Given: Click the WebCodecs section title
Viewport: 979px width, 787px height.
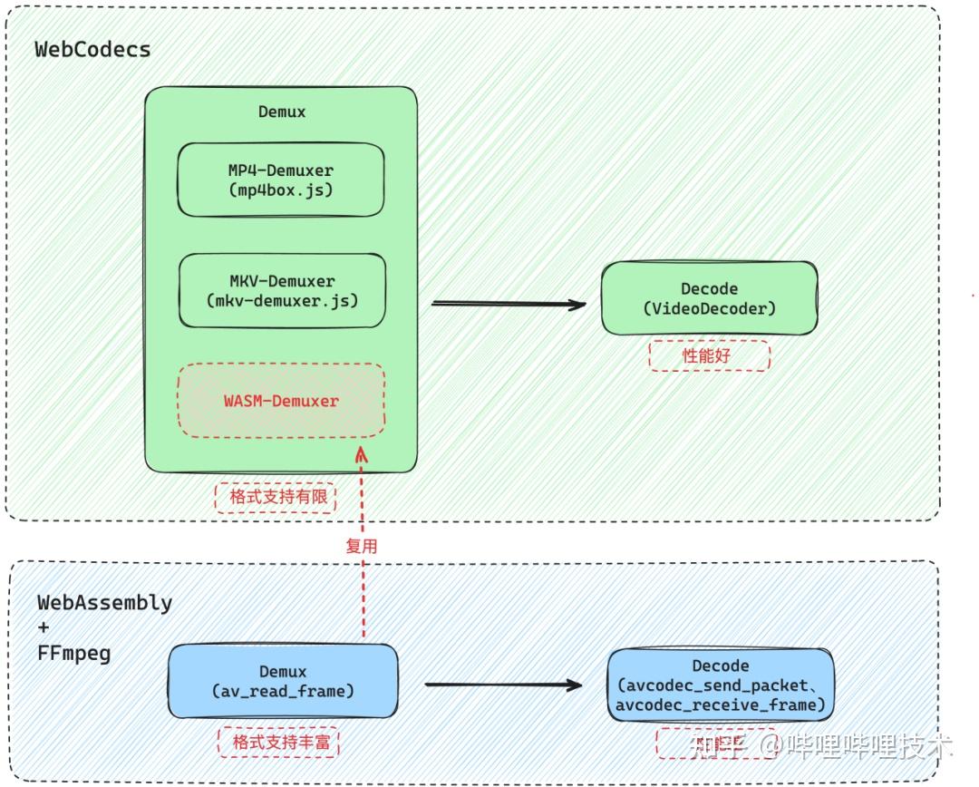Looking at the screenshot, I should (x=92, y=49).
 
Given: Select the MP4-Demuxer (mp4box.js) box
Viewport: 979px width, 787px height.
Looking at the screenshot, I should (x=281, y=180).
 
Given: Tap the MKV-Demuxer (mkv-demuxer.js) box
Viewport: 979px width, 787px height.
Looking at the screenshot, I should (x=282, y=290).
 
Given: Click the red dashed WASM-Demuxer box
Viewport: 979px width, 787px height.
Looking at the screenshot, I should (x=281, y=401).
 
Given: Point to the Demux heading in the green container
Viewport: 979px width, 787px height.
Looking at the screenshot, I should (x=282, y=112).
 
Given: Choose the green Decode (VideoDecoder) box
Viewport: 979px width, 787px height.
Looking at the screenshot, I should (x=709, y=298).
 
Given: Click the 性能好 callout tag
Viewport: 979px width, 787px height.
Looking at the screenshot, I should (x=709, y=356).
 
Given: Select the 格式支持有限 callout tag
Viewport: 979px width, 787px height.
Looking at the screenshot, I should (x=276, y=498).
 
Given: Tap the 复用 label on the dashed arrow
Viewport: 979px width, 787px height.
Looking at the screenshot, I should (x=361, y=546).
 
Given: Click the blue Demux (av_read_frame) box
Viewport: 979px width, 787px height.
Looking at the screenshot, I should (x=283, y=682).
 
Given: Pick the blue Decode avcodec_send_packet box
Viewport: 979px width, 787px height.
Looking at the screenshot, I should (x=721, y=685).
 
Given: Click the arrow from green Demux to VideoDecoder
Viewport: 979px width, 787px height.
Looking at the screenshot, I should (x=508, y=304).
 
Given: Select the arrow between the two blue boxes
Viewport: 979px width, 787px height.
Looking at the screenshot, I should (x=503, y=685).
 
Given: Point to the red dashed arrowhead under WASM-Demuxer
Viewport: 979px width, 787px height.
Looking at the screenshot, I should (x=363, y=452).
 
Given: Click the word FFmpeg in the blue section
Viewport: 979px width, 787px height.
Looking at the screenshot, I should (x=74, y=653).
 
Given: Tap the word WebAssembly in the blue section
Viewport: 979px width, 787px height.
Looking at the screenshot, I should (x=104, y=602).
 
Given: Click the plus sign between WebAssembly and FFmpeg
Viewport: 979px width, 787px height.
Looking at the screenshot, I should (x=44, y=627).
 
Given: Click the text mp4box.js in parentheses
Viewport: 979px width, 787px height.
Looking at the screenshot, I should (x=281, y=190).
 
